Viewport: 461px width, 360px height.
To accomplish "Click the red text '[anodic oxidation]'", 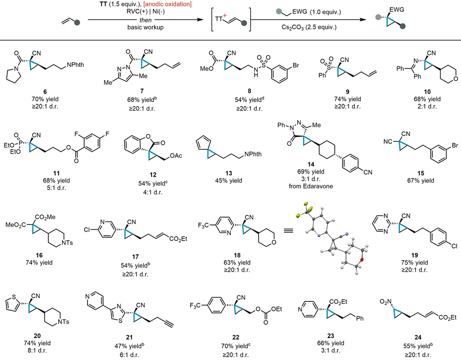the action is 167,4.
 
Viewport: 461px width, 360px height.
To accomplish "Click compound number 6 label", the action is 45,92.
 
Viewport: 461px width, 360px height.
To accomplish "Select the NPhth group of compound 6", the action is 75,65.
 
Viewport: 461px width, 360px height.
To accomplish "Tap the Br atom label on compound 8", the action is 295,65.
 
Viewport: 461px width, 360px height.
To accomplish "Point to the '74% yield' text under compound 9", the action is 348,99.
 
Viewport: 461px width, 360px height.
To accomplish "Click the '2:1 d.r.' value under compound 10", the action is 427,107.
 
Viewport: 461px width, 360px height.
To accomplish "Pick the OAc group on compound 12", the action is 176,156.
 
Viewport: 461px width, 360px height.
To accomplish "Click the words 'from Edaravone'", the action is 311,186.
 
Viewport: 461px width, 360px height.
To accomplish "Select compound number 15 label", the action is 421,173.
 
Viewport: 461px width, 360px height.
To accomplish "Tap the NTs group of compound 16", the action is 66,243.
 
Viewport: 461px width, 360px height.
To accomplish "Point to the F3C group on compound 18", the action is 203,225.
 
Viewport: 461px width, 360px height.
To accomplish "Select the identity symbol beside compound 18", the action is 288,231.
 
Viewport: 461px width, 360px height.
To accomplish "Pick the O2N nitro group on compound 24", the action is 385,302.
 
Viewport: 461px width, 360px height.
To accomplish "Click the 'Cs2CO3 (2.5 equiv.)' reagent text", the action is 309,27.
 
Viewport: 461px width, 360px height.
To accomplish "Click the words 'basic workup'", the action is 146,27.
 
